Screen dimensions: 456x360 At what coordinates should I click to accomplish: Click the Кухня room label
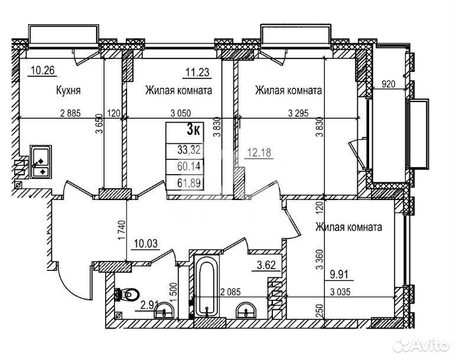click(68, 90)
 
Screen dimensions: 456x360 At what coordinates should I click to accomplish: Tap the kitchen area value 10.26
click(43, 70)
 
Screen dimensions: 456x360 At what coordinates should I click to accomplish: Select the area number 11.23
click(197, 73)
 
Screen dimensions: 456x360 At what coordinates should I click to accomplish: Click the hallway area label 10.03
click(146, 243)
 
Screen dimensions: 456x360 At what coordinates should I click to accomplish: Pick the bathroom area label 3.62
click(266, 265)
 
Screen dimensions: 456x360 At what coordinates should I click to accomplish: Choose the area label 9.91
click(340, 274)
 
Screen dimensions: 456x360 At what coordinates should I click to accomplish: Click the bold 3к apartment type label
click(193, 129)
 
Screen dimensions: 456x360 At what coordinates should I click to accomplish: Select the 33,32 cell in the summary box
click(189, 150)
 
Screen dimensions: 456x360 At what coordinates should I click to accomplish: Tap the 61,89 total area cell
click(189, 183)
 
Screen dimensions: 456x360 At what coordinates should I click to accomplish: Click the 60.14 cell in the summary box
click(189, 166)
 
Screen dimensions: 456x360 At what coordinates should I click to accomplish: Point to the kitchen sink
click(41, 162)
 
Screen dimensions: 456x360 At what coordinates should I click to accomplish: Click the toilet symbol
click(128, 294)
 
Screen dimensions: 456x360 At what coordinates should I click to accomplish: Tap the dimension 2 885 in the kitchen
click(70, 113)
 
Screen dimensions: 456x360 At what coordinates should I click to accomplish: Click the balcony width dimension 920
click(388, 84)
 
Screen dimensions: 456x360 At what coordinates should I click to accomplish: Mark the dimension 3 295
click(298, 113)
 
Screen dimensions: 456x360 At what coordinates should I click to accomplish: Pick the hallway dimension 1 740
click(122, 230)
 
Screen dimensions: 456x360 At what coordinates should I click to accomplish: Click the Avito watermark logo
click(421, 345)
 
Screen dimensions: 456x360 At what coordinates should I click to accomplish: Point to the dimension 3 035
click(340, 292)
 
